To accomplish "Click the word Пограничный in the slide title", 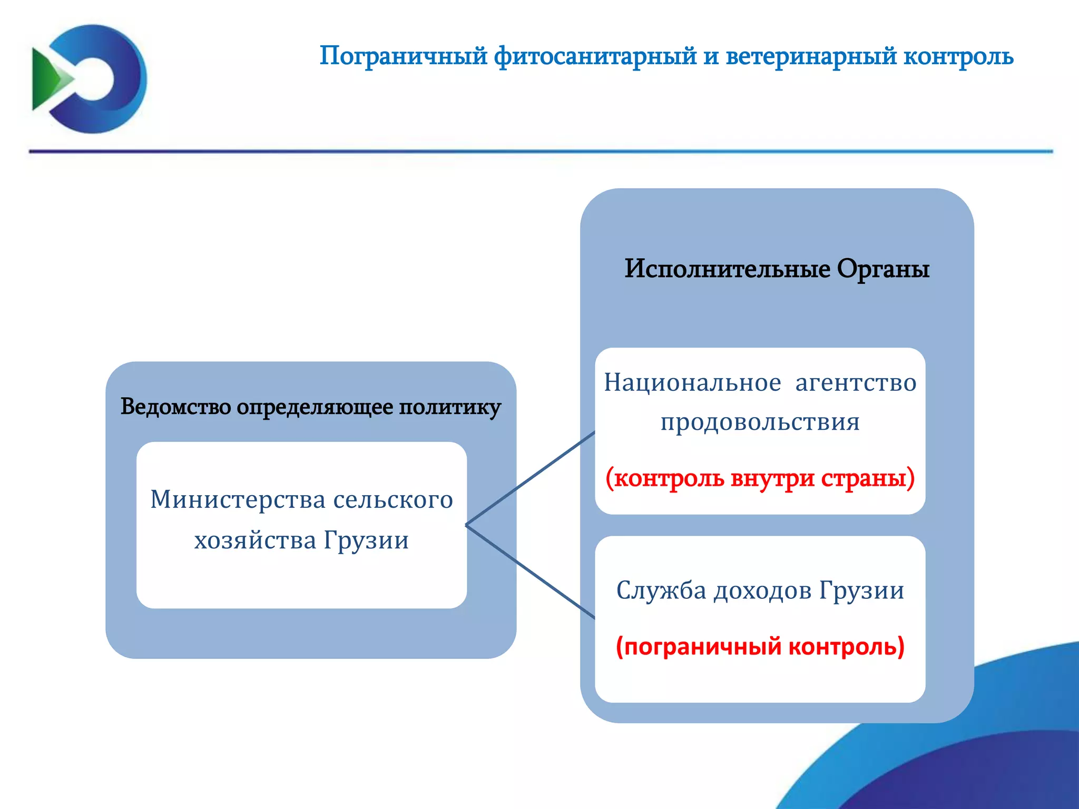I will click(x=403, y=56).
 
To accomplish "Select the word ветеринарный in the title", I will click(x=811, y=56).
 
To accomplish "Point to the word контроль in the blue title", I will click(x=958, y=56).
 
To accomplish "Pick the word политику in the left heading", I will click(x=449, y=407).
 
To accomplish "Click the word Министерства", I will click(x=238, y=499).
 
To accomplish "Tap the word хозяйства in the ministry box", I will click(x=255, y=540).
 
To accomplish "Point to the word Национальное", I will click(x=692, y=382).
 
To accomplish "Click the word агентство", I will click(x=856, y=382).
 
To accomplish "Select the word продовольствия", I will click(x=760, y=422).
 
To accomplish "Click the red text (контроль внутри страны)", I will click(x=760, y=478).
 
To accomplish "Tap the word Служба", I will click(x=661, y=590).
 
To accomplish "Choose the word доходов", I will click(x=762, y=590).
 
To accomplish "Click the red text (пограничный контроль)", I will click(x=760, y=646).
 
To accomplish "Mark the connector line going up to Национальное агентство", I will click(x=531, y=478).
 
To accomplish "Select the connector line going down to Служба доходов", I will click(x=531, y=572).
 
